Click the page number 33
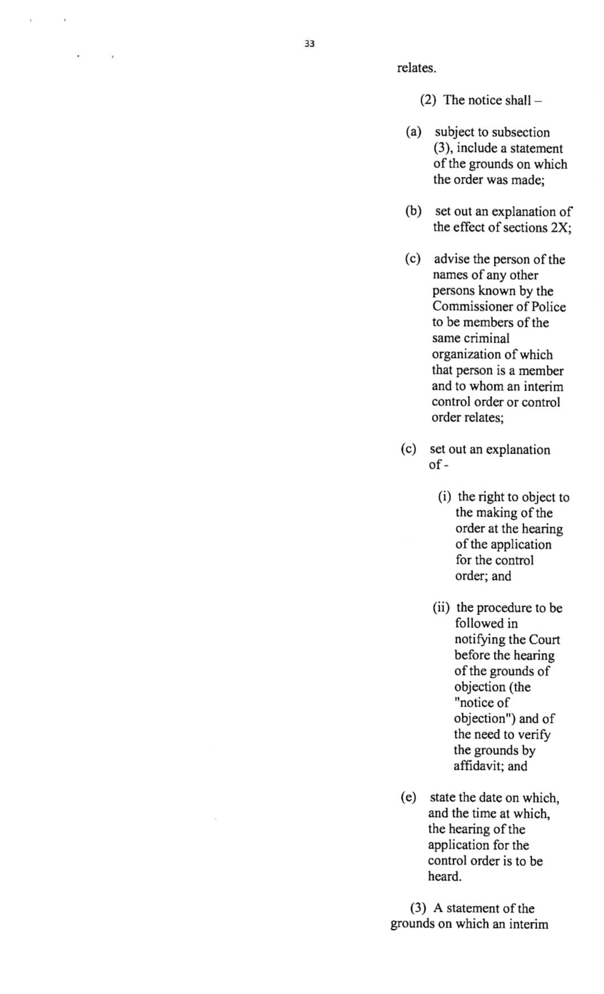tap(309, 44)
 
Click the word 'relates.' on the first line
tap(416, 68)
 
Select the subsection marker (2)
tap(428, 100)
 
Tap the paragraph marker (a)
tap(413, 132)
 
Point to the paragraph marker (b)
tap(413, 211)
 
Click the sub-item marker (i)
tap(445, 497)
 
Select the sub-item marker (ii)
tap(441, 607)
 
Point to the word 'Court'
tap(544, 640)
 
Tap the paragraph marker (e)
tap(408, 797)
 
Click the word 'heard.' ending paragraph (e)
tap(444, 877)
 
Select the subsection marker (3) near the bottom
tap(418, 908)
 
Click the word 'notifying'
tap(479, 640)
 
